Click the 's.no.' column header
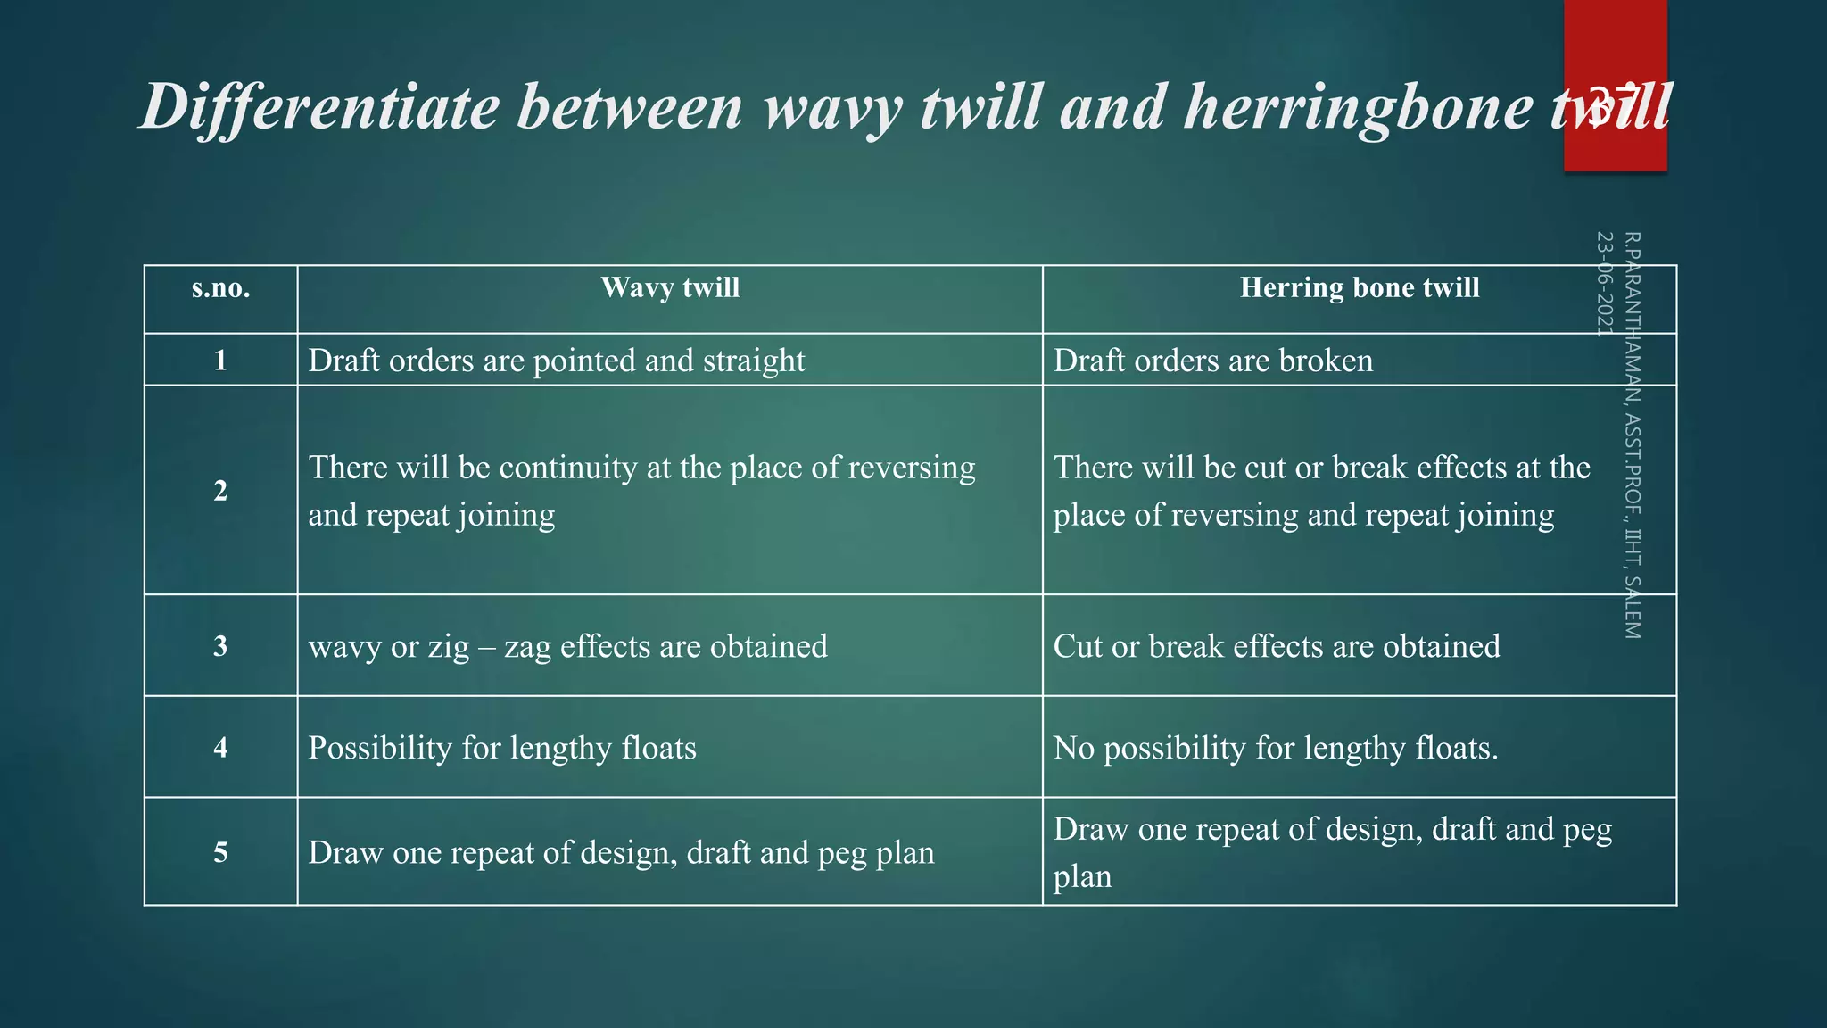[x=220, y=288]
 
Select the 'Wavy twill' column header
[x=670, y=287]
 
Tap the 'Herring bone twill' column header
[x=1359, y=287]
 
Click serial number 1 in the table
[x=220, y=361]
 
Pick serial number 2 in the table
[x=220, y=490]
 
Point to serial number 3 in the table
[x=220, y=646]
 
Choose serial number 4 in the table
[x=220, y=748]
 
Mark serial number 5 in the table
[x=220, y=852]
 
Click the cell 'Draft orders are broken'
[x=1212, y=361]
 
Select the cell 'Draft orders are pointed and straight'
[x=557, y=361]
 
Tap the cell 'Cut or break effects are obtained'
[x=1277, y=646]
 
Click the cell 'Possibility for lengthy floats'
[x=502, y=748]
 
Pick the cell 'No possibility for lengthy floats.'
[x=1276, y=748]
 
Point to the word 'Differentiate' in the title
[x=320, y=107]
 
